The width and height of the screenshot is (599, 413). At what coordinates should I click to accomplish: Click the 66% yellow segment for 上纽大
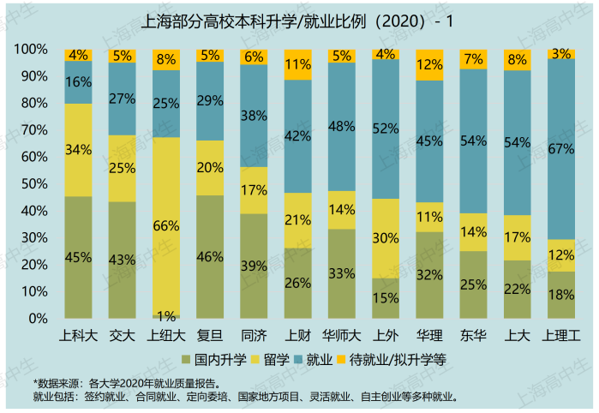coord(165,226)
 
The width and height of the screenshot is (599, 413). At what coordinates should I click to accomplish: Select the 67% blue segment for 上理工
coord(560,149)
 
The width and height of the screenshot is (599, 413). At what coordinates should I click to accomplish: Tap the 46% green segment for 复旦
coord(209,256)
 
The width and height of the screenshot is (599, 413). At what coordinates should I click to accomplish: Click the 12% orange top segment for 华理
coord(428,64)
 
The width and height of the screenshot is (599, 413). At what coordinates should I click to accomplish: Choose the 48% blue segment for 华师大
coord(341,127)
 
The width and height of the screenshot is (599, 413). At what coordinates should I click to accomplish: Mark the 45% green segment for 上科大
coord(78,257)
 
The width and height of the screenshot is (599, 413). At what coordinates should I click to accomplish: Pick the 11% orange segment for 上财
coord(297,64)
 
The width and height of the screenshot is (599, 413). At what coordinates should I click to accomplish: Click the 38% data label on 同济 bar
coord(253,116)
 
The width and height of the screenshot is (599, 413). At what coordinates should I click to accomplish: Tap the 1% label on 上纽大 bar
coord(165,314)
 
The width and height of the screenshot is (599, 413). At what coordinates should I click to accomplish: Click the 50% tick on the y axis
coord(34,184)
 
